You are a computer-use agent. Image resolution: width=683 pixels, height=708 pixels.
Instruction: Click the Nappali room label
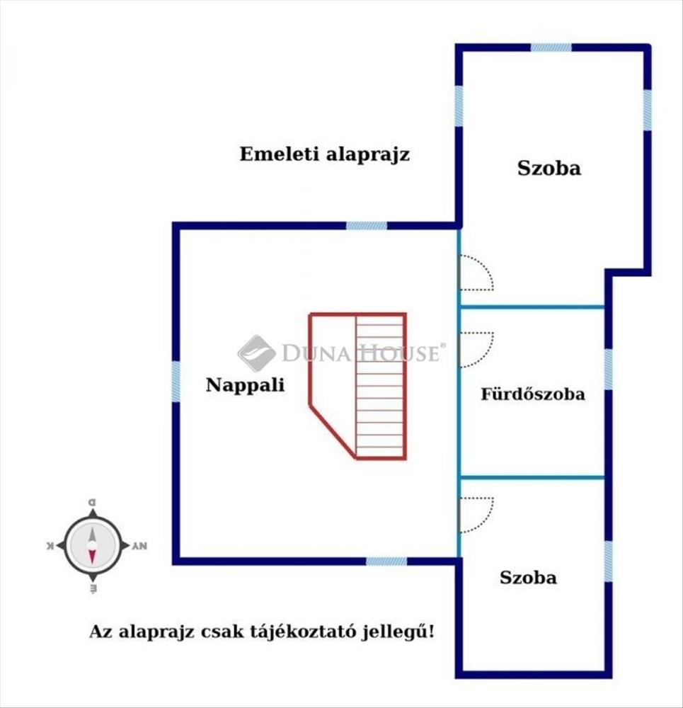tap(245, 385)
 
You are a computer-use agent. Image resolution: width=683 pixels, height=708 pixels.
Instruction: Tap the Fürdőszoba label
tap(533, 394)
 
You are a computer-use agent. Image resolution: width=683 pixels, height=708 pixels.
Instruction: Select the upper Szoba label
tap(549, 169)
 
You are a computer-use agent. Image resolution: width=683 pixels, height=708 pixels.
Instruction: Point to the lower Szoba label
tap(528, 577)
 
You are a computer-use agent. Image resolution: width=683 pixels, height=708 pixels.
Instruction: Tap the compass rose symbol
tap(93, 545)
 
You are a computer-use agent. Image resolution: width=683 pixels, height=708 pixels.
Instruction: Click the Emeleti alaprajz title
tap(324, 154)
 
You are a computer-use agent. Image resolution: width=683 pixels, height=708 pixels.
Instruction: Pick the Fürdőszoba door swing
tap(475, 349)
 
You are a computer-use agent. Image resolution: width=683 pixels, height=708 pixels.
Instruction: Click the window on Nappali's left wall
tap(176, 382)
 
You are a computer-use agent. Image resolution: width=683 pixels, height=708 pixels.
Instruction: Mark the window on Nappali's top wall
tap(367, 226)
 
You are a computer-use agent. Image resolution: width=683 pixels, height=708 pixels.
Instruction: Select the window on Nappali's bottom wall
tap(386, 561)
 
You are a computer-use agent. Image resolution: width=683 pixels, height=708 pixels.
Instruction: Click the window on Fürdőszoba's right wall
tap(608, 370)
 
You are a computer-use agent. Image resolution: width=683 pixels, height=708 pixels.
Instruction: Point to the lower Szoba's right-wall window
tap(608, 561)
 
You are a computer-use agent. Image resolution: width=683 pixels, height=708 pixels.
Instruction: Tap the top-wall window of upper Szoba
tap(551, 47)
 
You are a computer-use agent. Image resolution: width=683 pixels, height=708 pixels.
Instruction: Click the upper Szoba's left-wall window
tap(459, 106)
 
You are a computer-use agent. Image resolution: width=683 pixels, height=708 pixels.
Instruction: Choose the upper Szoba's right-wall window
tap(647, 110)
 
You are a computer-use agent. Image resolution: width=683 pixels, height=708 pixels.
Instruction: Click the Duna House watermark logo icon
tap(256, 353)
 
